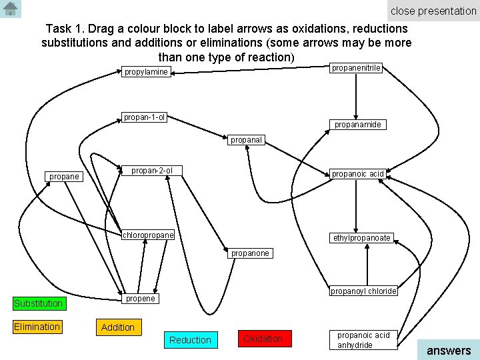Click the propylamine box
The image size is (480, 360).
(x=146, y=71)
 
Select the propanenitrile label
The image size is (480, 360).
(x=357, y=67)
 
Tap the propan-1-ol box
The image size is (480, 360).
(x=145, y=118)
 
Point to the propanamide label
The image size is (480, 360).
(x=357, y=124)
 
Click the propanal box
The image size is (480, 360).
(x=247, y=140)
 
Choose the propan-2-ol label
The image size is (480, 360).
(x=152, y=171)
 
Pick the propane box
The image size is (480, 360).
(x=64, y=177)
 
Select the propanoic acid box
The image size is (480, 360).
(x=357, y=174)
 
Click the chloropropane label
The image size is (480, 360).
(x=148, y=235)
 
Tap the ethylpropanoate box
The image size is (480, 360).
(x=362, y=237)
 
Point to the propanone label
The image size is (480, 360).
(x=250, y=253)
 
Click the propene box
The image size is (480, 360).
(x=141, y=299)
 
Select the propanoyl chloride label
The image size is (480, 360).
(x=363, y=291)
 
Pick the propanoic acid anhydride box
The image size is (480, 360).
(x=363, y=340)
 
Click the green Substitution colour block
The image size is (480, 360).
(x=39, y=303)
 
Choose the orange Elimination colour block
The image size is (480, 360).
(x=37, y=327)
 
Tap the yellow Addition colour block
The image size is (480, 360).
(x=117, y=327)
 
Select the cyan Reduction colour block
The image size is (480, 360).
(x=190, y=340)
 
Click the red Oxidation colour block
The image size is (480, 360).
(x=263, y=339)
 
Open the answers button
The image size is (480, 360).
(x=448, y=350)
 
